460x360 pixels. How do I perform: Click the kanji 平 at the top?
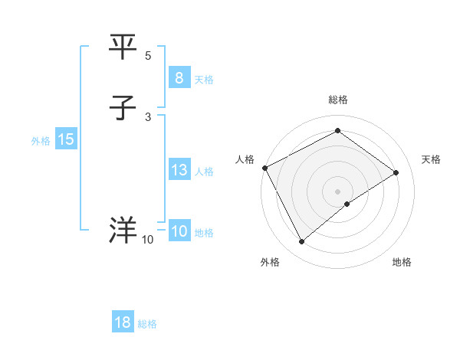(123, 48)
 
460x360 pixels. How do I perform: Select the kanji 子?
(123, 109)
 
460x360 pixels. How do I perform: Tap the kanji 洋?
(123, 231)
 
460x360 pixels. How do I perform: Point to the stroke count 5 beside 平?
(148, 56)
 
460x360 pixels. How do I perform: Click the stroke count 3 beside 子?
(148, 116)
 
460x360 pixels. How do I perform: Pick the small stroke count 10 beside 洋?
(148, 240)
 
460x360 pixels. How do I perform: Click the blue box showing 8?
(179, 78)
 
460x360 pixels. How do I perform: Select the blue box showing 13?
(179, 170)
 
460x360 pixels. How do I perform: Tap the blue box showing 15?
(65, 139)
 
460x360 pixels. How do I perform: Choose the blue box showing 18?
(123, 322)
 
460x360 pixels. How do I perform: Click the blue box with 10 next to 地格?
(179, 231)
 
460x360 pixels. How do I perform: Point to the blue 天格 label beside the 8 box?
(204, 80)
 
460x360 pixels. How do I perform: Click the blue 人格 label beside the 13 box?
(204, 172)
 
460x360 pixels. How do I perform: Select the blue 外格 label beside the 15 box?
(41, 141)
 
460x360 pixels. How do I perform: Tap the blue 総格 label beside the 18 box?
(147, 324)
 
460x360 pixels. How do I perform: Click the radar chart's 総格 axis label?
(337, 100)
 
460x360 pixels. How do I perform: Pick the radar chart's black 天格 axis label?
(432, 159)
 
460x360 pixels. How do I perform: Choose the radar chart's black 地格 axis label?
(402, 262)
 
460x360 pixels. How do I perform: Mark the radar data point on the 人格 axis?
(264, 168)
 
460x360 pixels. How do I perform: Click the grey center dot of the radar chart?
(337, 191)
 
